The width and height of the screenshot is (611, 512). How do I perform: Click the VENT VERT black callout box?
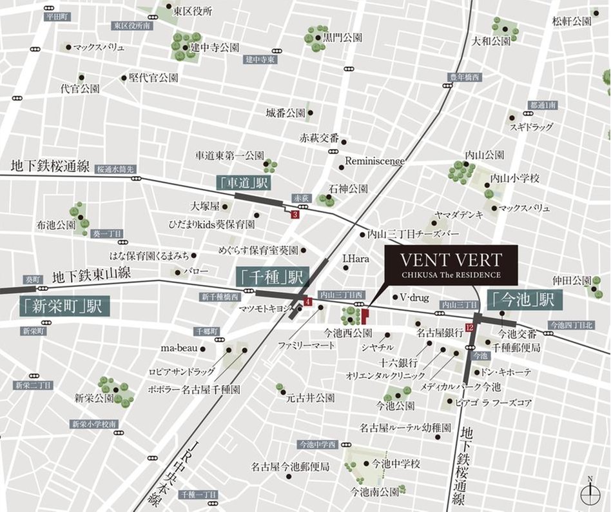[451, 266]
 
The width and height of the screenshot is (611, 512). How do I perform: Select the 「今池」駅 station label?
[525, 300]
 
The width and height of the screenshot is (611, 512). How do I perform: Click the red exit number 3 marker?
[295, 215]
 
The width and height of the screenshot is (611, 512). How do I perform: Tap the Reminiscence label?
[375, 160]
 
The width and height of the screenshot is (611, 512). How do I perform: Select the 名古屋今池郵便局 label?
[290, 466]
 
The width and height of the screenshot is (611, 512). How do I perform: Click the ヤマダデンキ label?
[458, 215]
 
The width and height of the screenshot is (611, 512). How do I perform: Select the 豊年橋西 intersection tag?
[465, 78]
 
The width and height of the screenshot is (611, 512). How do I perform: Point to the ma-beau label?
[177, 348]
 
